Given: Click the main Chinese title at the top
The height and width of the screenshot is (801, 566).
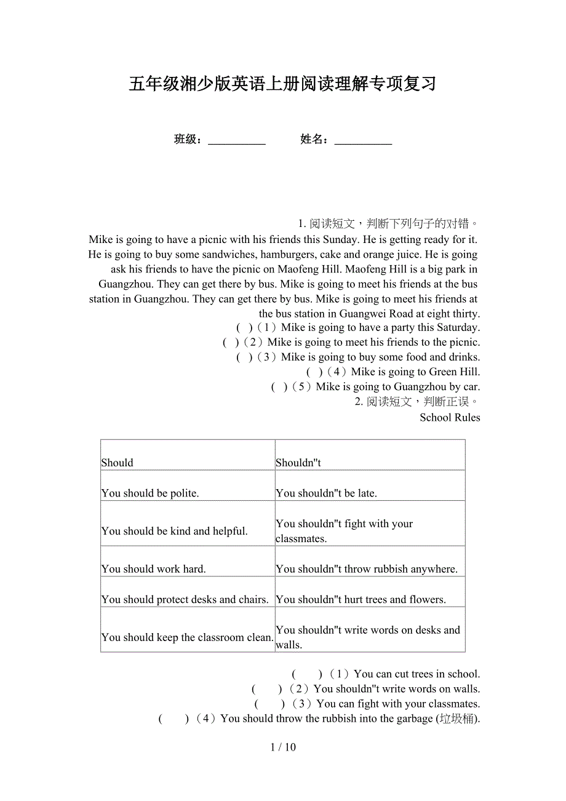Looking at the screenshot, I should (x=282, y=84).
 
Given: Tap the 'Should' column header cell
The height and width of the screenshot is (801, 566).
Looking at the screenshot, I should (x=188, y=456).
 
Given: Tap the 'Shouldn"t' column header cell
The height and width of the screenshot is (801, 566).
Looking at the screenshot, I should (x=370, y=456).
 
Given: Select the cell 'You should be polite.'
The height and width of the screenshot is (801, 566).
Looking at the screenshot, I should (x=188, y=486).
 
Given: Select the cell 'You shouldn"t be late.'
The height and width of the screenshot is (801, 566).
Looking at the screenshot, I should (x=370, y=486).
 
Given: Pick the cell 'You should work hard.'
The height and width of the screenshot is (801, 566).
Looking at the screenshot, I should (x=188, y=562).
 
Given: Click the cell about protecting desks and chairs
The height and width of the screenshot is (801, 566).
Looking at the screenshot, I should (x=188, y=592).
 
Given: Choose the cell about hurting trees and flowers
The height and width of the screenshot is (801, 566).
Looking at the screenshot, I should (x=370, y=592).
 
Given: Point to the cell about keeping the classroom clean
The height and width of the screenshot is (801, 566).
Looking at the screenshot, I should (x=188, y=630).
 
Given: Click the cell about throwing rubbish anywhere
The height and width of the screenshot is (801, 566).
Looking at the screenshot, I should (x=370, y=562).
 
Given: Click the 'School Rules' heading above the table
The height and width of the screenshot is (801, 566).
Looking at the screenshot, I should (x=450, y=418).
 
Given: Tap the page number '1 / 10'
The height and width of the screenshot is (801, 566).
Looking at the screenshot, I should (x=283, y=747).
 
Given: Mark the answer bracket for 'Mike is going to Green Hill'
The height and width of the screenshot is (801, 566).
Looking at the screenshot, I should (x=314, y=372).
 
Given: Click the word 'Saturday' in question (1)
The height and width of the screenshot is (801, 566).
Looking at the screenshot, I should (x=456, y=328).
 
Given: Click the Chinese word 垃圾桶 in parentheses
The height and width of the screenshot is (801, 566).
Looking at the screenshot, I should (x=456, y=719).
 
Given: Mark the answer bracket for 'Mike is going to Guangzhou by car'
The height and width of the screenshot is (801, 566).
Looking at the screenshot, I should (x=279, y=387).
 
